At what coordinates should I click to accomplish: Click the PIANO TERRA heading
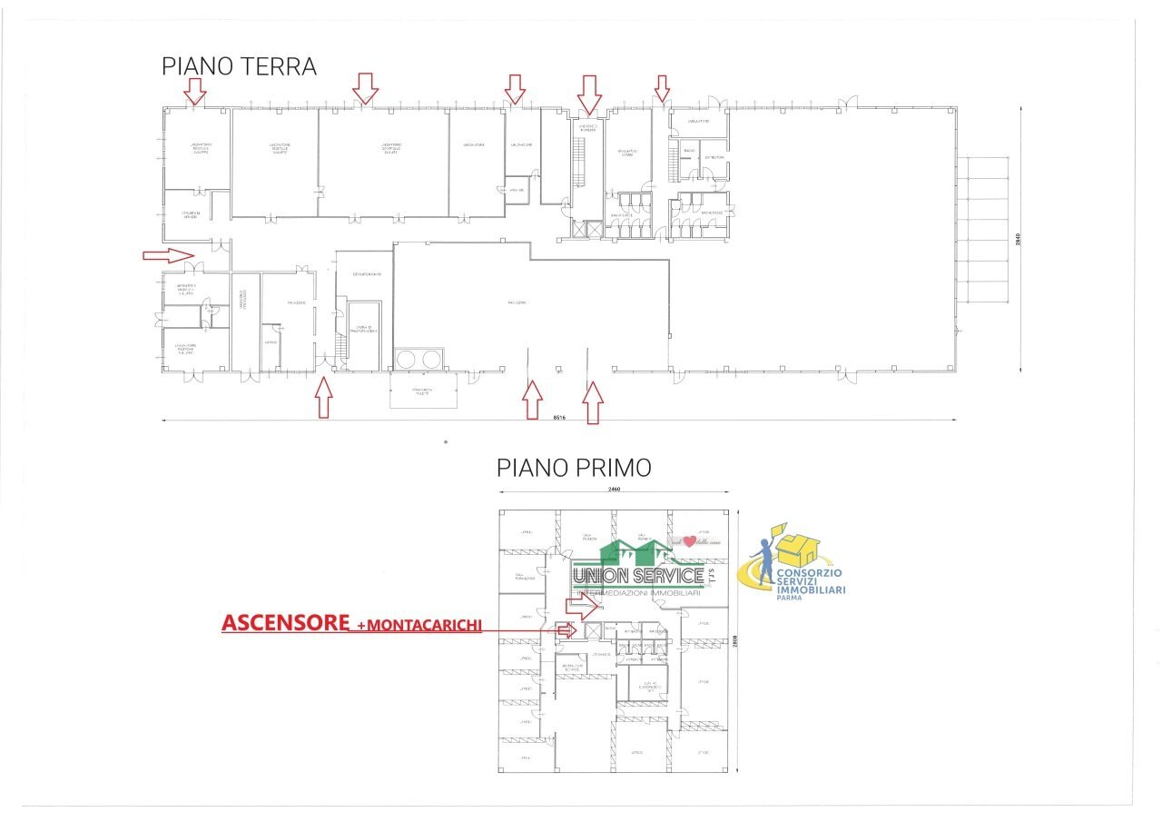[239, 67]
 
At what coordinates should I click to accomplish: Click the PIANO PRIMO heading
[573, 468]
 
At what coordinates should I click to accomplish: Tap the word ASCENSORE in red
[286, 623]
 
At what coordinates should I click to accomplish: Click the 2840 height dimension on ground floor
[1019, 240]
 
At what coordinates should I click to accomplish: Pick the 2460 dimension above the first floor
[614, 490]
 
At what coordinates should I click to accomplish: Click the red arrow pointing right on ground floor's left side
[169, 255]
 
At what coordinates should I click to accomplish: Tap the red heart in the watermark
[689, 542]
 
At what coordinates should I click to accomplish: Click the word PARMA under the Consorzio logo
[788, 599]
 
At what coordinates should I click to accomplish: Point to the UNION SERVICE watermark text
[638, 576]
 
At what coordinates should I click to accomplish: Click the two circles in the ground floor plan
[419, 359]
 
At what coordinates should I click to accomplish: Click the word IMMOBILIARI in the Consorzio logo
[811, 590]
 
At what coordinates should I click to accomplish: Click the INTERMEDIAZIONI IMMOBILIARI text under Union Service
[635, 593]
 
